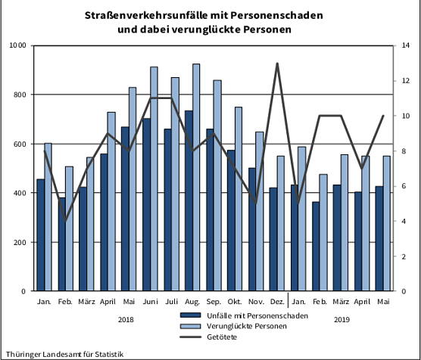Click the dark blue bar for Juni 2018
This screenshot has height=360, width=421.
pos(146,204)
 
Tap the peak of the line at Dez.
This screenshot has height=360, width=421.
pos(277,64)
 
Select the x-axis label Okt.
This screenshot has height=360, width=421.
pos(234,303)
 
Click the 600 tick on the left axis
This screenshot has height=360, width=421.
pos(20,144)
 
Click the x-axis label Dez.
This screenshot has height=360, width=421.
pos(276,303)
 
